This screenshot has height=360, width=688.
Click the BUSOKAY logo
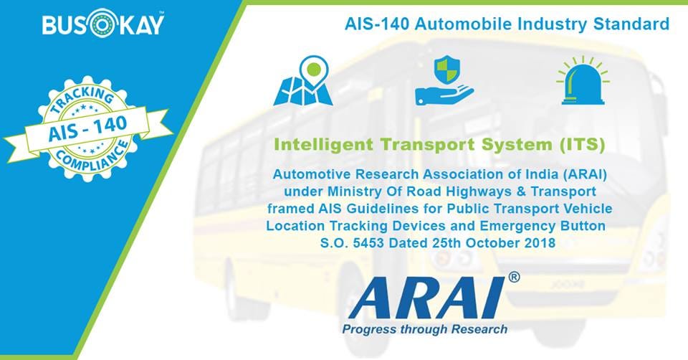[x=102, y=24]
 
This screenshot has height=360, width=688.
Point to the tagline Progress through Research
[x=425, y=329]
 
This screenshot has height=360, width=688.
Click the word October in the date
[x=491, y=243]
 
